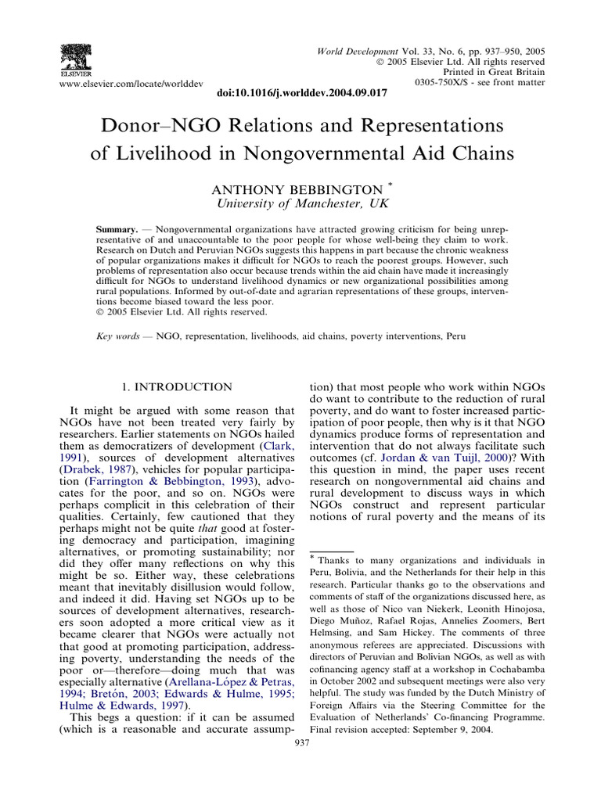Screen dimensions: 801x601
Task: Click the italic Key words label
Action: [x=116, y=336]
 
